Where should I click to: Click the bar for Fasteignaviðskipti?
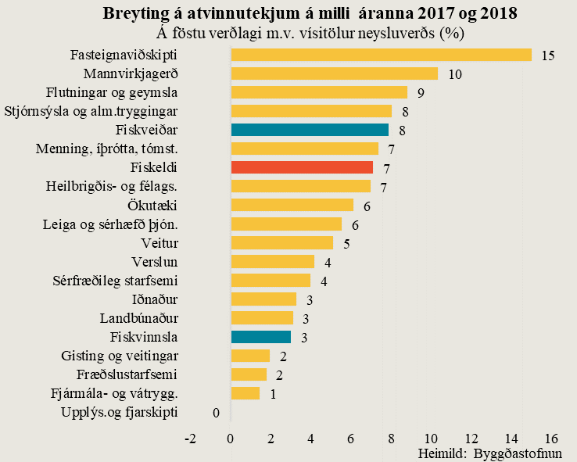(x=381, y=55)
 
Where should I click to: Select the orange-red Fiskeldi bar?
(x=302, y=167)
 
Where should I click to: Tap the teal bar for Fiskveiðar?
(x=310, y=130)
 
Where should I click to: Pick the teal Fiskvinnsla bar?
(x=261, y=337)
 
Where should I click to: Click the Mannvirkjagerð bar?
(x=334, y=73)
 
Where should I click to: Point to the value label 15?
(x=547, y=56)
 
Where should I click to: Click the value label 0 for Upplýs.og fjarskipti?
(x=215, y=412)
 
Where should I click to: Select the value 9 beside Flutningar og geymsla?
(x=421, y=93)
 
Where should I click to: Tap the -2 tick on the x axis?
(x=190, y=438)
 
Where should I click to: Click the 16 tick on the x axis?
(x=551, y=438)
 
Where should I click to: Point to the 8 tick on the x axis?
(x=391, y=438)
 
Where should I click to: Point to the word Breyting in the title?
(x=135, y=14)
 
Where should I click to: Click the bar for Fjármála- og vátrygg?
(x=245, y=393)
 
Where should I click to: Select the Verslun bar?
(x=272, y=262)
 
